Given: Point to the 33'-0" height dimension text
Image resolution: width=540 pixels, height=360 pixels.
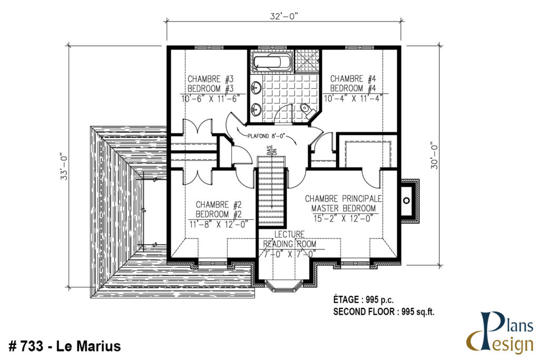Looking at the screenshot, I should coord(65,167).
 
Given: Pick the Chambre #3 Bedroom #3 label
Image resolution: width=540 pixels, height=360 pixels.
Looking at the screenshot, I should coord(210,84).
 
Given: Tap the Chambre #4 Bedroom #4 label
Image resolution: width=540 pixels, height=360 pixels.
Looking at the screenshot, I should coord(353,83).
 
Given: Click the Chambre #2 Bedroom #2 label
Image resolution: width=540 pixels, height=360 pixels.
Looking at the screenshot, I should coord(218,209).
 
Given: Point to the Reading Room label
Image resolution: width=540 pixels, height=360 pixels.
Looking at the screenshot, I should coord(290,240).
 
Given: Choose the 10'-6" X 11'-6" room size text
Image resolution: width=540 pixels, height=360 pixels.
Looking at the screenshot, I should coord(210,98).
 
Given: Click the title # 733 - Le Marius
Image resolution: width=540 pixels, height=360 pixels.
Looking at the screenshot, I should coord(65,346).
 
